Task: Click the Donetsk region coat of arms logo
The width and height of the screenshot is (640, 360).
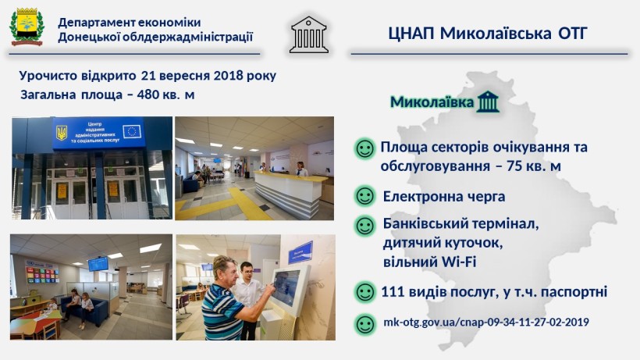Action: click(27, 27)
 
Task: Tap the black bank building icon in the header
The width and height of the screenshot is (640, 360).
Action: click(309, 34)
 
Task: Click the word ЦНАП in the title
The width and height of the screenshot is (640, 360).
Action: click(411, 33)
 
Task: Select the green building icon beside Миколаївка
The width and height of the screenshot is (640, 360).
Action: click(488, 102)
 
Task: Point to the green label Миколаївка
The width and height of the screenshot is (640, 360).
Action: click(432, 102)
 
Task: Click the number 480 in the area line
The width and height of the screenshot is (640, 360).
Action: click(148, 94)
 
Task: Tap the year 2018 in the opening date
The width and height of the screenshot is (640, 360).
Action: click(228, 76)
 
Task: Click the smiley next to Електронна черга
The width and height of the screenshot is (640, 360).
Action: click(365, 195)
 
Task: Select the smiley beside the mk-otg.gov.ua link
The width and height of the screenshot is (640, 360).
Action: click(365, 325)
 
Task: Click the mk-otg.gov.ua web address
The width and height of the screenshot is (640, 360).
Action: click(485, 322)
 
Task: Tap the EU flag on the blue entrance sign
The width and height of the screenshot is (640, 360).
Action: click(132, 131)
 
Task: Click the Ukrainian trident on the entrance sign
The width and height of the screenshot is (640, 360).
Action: click(62, 133)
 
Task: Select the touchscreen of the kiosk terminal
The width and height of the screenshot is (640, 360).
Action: click(286, 287)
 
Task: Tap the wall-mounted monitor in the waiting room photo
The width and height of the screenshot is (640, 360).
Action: click(98, 264)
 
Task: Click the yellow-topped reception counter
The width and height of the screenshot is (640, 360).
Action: click(290, 193)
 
